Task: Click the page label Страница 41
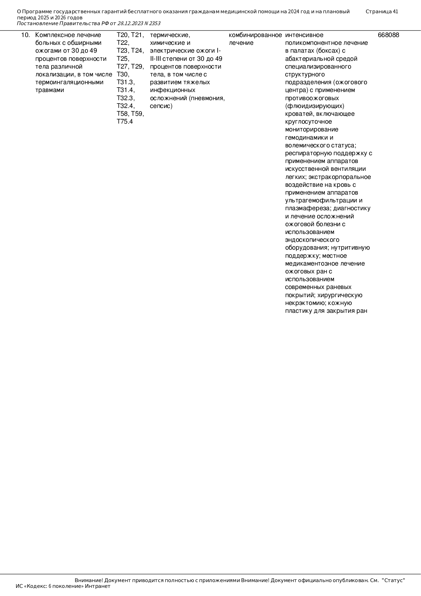click(x=382, y=12)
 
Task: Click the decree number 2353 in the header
click(x=154, y=23)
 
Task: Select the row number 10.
click(x=25, y=35)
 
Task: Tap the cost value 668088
click(x=388, y=35)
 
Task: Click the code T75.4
click(x=125, y=122)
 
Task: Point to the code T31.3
click(x=126, y=82)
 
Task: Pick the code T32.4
click(x=126, y=106)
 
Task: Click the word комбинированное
click(x=255, y=35)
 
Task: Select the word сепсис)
click(x=161, y=106)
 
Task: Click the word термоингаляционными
click(x=69, y=82)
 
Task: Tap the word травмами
click(x=50, y=90)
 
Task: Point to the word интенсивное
click(x=304, y=35)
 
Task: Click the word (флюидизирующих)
click(x=315, y=106)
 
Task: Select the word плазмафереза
click(x=308, y=208)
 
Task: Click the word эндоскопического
click(x=312, y=240)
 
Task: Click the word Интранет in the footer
click(x=97, y=586)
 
